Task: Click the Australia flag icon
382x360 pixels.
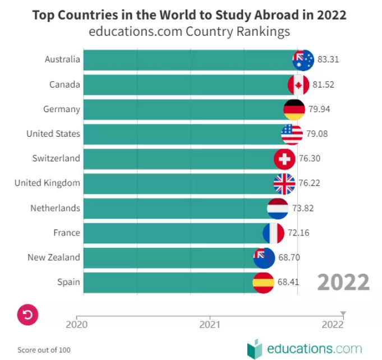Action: coord(303,60)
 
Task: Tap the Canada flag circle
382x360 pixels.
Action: coord(298,85)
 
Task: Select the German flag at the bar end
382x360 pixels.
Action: coord(294,109)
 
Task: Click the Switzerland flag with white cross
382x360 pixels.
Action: coord(284,159)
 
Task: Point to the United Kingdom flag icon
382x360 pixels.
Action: coord(284,183)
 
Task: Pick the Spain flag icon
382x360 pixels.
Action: coord(263,283)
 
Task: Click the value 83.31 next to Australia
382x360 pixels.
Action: coord(329,59)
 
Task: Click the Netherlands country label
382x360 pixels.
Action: coord(55,208)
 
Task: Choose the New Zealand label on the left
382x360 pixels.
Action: coord(54,257)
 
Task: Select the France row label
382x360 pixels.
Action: coord(67,233)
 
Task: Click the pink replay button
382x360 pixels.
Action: coord(27,315)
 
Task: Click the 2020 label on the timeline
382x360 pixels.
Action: coord(77,324)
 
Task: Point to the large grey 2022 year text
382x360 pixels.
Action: coord(343,281)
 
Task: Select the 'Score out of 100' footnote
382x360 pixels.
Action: coord(44,350)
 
